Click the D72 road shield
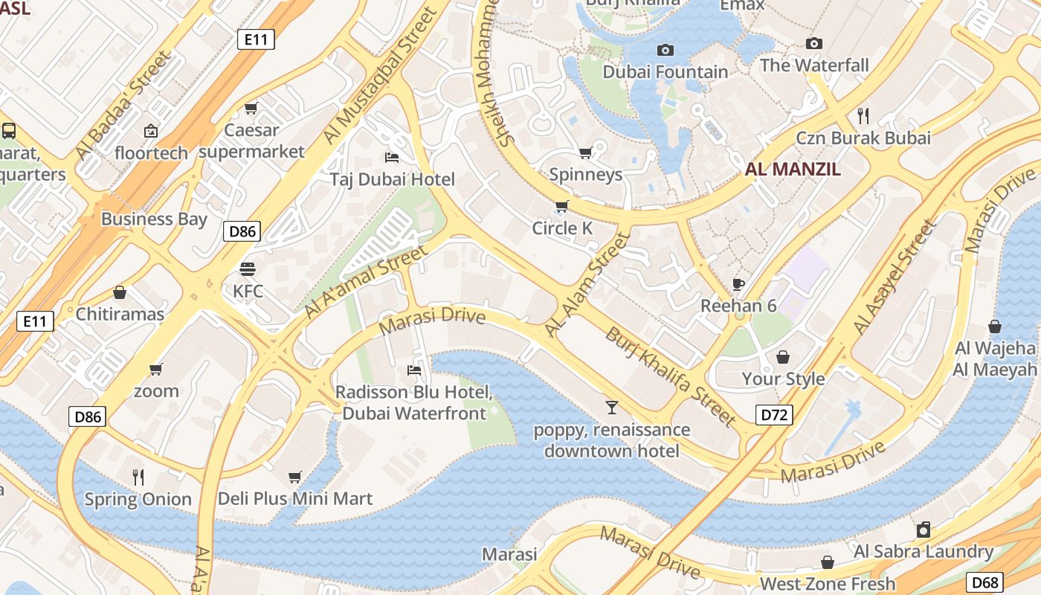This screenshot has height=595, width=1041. pos(774,415)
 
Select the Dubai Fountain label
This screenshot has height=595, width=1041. pos(665,72)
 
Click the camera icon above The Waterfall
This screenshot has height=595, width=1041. pos(814,44)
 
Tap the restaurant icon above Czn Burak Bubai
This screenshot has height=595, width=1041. pos(863,116)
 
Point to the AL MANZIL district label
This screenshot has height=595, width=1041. pos(793,169)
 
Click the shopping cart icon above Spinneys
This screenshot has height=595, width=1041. pos(585,153)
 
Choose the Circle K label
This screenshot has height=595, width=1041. pos(562,228)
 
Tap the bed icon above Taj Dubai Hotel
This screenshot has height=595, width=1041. pos(392,158)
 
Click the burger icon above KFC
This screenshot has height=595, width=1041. pos(248,269)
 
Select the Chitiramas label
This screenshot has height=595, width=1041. pos(120,314)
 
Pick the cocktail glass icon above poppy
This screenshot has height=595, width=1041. pos(611,408)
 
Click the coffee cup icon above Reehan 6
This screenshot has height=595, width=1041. pos(738,284)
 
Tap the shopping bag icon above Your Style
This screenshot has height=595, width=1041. pos(782,358)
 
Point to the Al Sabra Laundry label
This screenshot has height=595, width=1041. pos(924,551)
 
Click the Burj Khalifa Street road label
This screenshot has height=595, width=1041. pos(670,376)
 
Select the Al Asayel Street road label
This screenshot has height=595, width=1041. pos(894,277)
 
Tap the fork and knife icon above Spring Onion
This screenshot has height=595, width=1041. pos(138,477)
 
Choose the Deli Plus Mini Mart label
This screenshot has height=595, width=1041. pos(295,498)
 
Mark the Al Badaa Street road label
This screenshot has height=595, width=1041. pos(123,105)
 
